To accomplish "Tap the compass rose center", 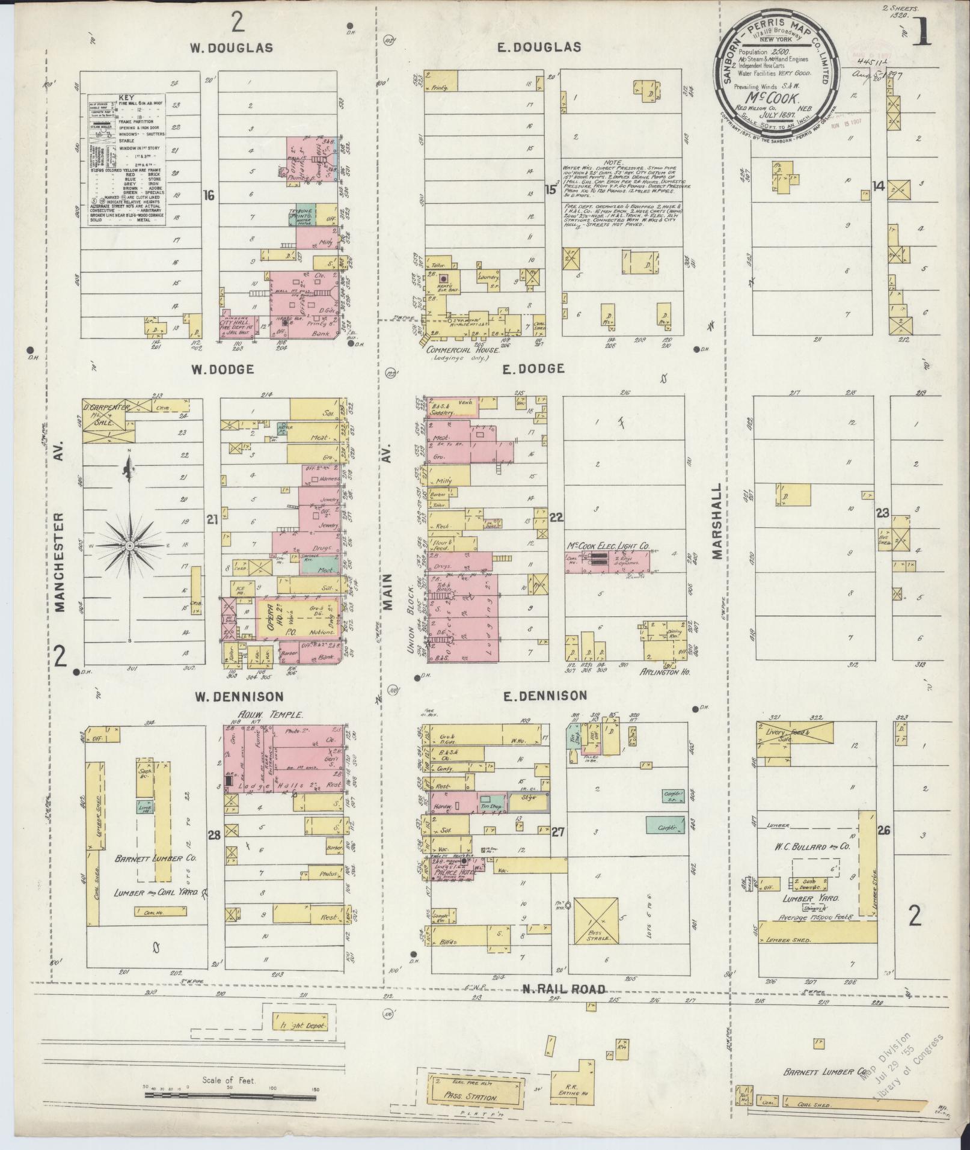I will coord(129,545).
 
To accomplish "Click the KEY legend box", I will coord(127,160).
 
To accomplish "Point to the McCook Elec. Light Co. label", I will coord(608,546).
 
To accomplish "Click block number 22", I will coord(556,516).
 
